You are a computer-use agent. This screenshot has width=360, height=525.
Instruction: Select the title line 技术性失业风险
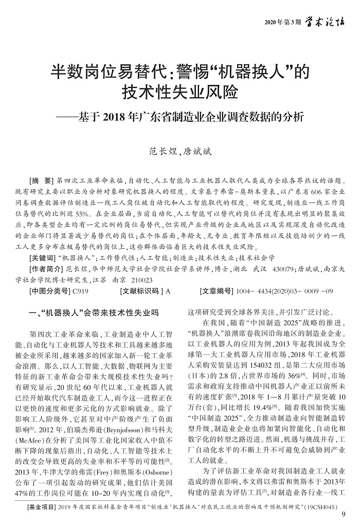point(179,93)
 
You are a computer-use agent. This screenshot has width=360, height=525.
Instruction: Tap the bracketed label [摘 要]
point(42,182)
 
